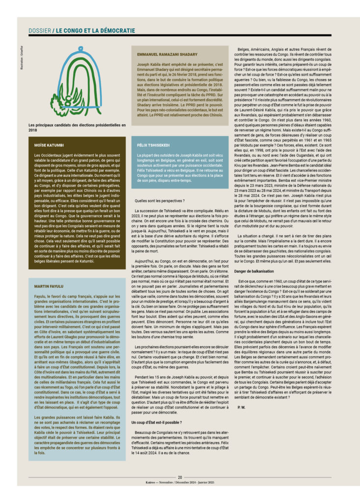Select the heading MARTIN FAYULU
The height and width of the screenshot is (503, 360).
click(49, 285)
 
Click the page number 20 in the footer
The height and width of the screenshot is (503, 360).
click(180, 476)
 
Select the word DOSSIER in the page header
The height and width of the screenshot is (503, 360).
click(39, 30)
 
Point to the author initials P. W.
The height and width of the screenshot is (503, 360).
click(241, 407)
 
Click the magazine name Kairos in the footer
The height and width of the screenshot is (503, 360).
click(138, 482)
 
